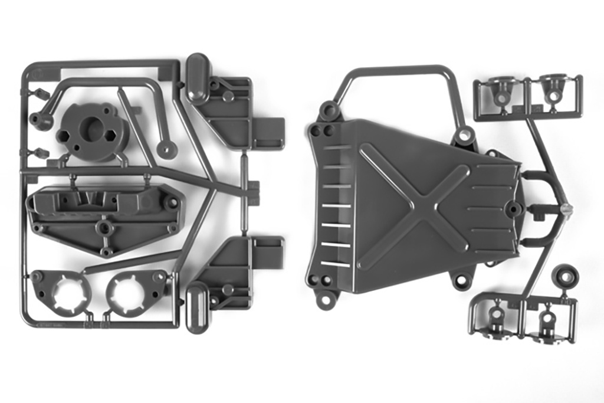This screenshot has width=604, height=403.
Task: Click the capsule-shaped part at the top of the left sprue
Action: tap(198, 71)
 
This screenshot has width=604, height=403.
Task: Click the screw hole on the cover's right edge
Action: tap(515, 208)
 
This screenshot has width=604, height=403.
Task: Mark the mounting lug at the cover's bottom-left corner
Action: tap(325, 299)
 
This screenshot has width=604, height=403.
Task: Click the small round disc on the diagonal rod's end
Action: tap(167, 149)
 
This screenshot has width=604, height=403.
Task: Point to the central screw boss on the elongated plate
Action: tap(104, 227)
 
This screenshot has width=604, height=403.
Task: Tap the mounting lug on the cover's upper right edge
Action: tap(465, 135)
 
